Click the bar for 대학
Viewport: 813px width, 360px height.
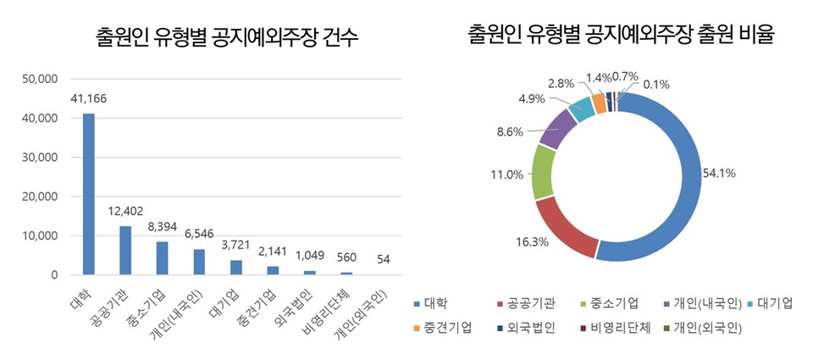tap(88, 194)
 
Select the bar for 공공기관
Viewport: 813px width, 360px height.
tap(125, 251)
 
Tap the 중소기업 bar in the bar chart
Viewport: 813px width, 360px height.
tap(163, 258)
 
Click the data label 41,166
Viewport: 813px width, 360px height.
tap(88, 100)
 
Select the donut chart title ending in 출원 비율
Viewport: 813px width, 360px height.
tap(622, 35)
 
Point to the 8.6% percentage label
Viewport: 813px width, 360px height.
tap(510, 131)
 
